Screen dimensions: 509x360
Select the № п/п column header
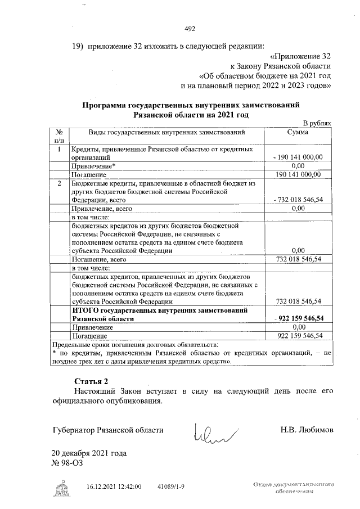click(x=59, y=137)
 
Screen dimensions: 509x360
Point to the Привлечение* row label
click(x=93, y=166)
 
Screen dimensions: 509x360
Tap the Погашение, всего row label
click(x=98, y=260)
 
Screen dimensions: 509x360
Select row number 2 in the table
click(x=59, y=183)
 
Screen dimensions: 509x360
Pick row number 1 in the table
click(x=59, y=150)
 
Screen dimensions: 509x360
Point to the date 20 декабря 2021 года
click(x=89, y=453)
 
